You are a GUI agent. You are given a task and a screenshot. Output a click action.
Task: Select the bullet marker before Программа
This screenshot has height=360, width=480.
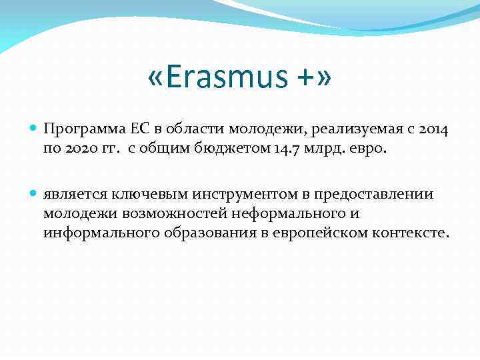[34, 127]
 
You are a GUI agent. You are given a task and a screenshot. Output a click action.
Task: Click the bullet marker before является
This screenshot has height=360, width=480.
[34, 194]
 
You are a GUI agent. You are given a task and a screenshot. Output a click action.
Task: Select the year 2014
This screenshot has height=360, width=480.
[435, 128]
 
